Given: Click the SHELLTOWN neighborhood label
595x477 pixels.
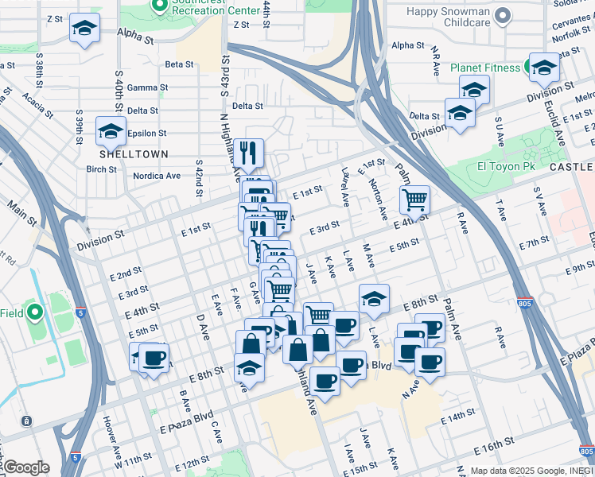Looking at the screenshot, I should (122, 153).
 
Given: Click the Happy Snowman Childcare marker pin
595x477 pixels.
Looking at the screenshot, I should (502, 16).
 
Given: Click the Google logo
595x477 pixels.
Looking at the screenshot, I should (26, 467).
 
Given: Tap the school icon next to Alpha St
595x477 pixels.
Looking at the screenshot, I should (84, 29).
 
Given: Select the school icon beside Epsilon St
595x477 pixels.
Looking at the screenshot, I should (111, 130).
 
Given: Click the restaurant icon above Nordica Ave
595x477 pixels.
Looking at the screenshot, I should (249, 153).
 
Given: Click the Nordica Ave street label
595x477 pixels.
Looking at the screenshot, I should (157, 176).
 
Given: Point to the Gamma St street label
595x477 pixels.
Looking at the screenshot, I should (147, 87).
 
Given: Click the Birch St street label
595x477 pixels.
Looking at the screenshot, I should (102, 169).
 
